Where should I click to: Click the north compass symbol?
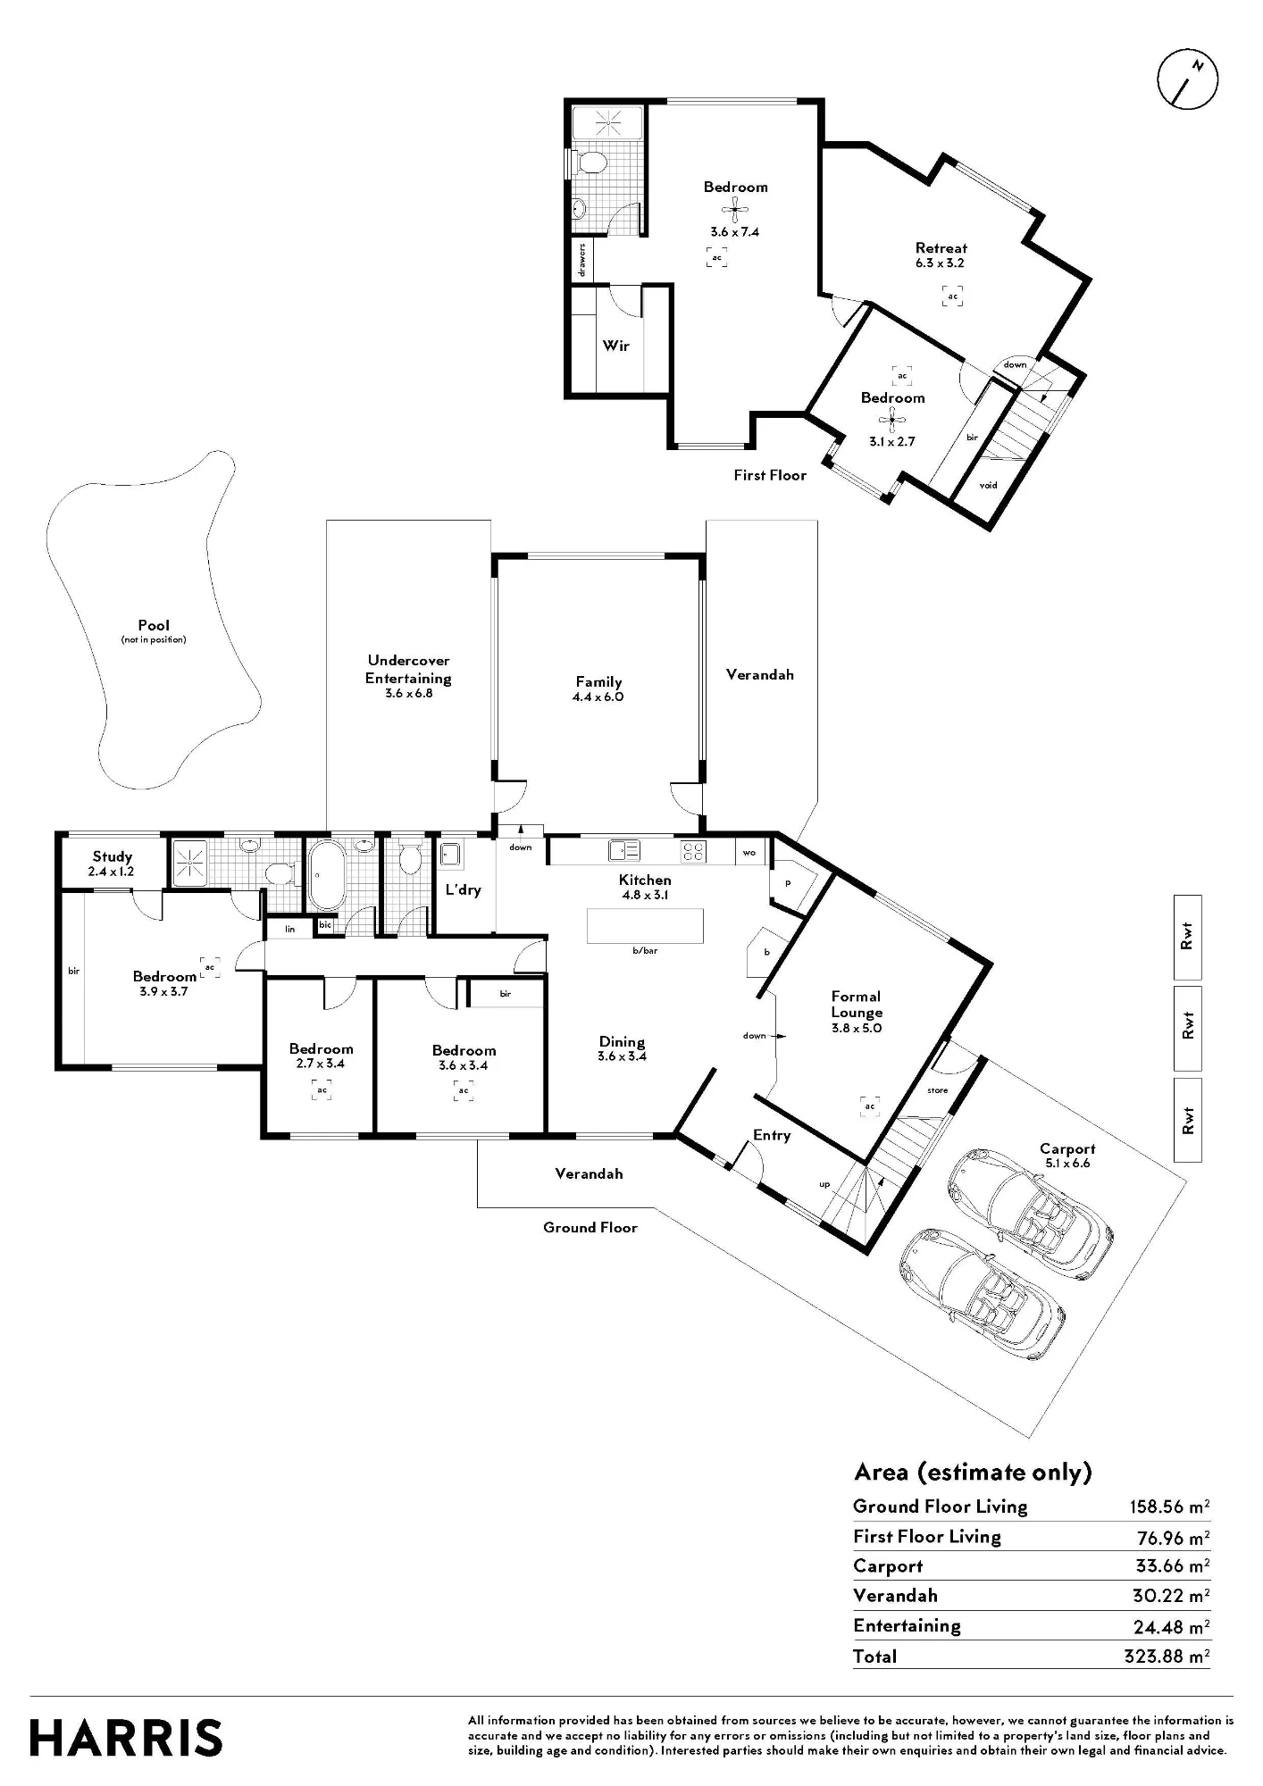click(x=1187, y=79)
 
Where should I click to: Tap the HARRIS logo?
click(x=126, y=1738)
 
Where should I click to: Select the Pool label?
click(x=154, y=625)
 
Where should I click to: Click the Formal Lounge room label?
click(x=857, y=1005)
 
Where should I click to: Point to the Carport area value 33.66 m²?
click(x=1169, y=1565)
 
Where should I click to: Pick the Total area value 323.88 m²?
click(x=1167, y=1657)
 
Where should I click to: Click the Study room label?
click(x=112, y=856)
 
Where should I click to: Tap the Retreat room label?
click(x=941, y=248)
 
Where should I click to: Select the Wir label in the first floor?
click(x=615, y=346)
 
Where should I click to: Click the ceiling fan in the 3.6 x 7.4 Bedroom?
click(x=734, y=212)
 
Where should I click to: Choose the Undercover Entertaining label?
click(x=408, y=670)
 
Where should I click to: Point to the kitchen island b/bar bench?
click(x=645, y=926)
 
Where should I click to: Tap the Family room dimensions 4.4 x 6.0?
click(x=598, y=697)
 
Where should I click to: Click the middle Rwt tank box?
click(x=1187, y=1029)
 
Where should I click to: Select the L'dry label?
click(x=464, y=889)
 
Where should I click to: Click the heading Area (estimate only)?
click(x=973, y=1472)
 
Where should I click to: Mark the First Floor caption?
click(x=770, y=475)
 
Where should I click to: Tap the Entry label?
click(x=772, y=1135)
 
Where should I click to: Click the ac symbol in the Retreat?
click(x=953, y=296)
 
